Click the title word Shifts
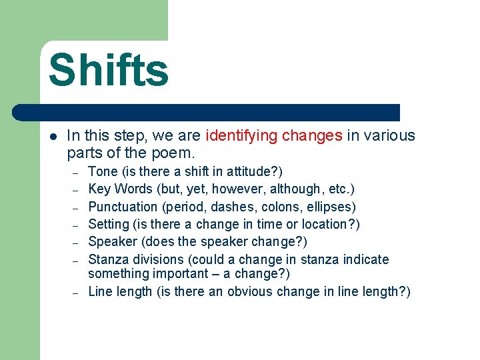coord(109,70)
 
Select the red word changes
coord(312,136)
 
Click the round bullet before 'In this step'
coord(53,136)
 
